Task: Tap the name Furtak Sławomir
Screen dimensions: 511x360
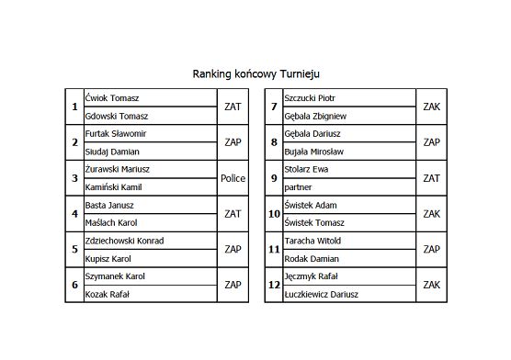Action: click(115, 134)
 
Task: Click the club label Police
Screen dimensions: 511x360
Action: click(233, 178)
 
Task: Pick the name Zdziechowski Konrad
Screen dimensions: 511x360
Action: click(123, 241)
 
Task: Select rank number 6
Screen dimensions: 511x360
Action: click(74, 285)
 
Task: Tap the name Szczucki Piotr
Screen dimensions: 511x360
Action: click(310, 98)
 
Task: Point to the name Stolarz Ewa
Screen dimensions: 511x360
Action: click(306, 170)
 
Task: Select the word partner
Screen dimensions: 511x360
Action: click(298, 187)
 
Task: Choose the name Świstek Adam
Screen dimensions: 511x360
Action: click(312, 206)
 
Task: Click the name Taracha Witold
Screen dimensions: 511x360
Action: click(312, 241)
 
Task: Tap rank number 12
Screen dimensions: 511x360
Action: click(273, 285)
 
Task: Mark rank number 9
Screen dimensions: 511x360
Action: click(273, 178)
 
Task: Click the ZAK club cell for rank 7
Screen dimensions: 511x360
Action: click(432, 107)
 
